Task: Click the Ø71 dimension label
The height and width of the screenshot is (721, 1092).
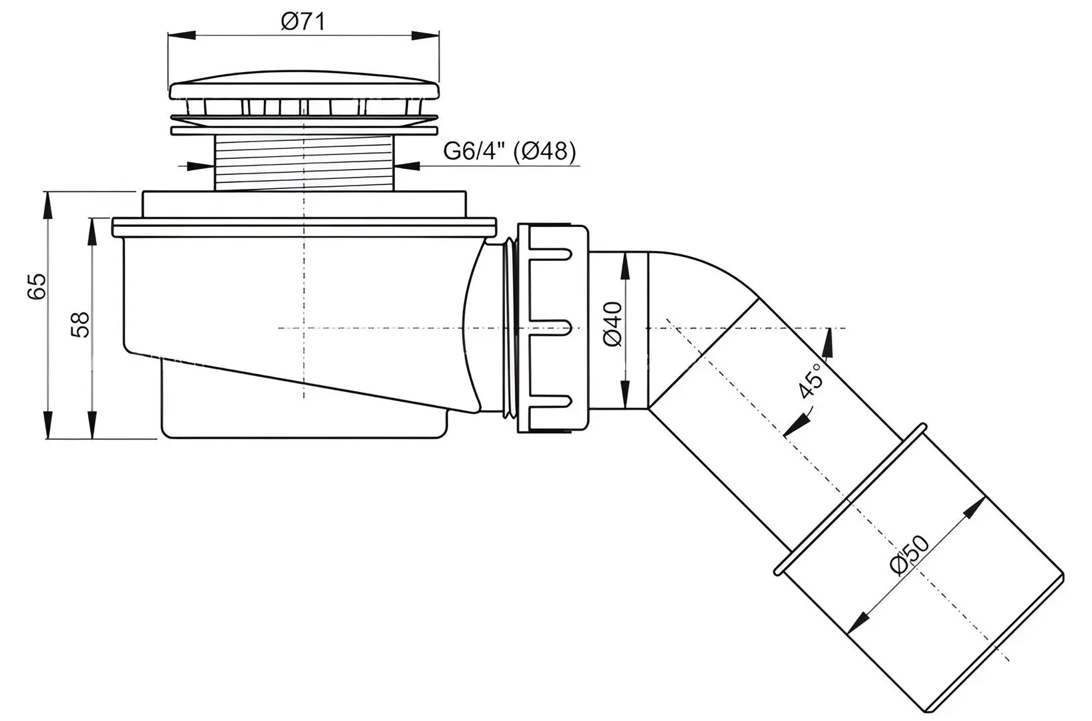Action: tap(303, 21)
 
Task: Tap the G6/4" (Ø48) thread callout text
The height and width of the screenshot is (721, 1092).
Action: tap(510, 151)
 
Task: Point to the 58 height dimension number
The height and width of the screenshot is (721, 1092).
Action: tap(80, 324)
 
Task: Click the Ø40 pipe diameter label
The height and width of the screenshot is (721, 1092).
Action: tap(613, 324)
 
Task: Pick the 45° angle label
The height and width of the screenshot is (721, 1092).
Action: tap(811, 381)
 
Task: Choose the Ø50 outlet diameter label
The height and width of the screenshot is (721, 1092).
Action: tap(910, 555)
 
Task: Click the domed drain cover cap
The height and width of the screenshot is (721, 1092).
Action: tap(304, 86)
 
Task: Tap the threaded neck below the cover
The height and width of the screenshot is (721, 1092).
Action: tap(304, 163)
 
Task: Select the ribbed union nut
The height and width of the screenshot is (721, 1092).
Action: tap(552, 328)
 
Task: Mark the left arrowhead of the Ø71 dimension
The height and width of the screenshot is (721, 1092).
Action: tap(182, 35)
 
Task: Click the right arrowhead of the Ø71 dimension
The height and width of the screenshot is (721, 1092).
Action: tap(425, 35)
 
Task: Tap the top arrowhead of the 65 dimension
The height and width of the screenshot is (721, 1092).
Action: tap(47, 206)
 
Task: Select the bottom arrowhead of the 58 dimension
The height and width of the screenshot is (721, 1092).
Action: tap(92, 425)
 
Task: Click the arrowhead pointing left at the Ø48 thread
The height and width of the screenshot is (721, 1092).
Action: tap(407, 166)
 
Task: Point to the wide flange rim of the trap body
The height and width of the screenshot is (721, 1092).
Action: tap(304, 228)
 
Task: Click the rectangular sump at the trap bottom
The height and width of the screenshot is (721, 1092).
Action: tap(304, 414)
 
